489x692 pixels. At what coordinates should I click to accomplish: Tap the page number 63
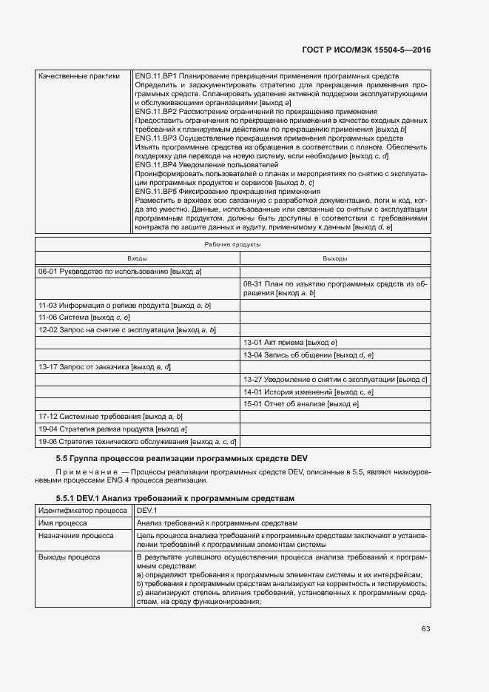click(x=426, y=628)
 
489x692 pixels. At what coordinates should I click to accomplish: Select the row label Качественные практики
click(x=78, y=76)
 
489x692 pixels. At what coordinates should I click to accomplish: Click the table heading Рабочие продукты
click(x=233, y=245)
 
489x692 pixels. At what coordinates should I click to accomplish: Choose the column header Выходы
click(x=335, y=258)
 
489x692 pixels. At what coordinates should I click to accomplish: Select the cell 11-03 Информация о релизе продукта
click(x=124, y=305)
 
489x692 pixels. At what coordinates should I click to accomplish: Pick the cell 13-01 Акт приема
click(x=290, y=342)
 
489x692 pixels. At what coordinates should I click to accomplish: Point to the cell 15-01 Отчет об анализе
click(x=300, y=403)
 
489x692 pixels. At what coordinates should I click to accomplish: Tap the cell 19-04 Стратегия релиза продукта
click(x=112, y=429)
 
